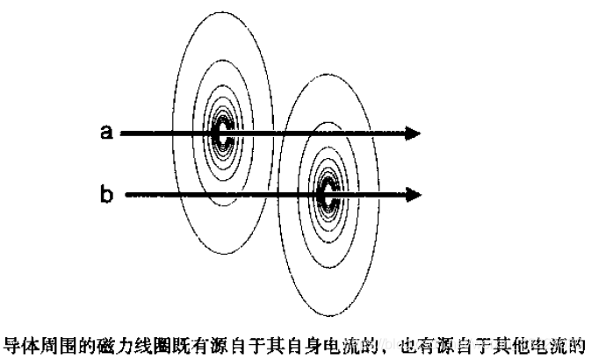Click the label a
pyautogui.click(x=107, y=132)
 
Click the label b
pyautogui.click(x=107, y=193)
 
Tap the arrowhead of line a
pyautogui.click(x=414, y=133)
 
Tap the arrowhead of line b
pyautogui.click(x=414, y=193)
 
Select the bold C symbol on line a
pyautogui.click(x=223, y=133)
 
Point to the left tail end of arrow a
pyautogui.click(x=123, y=133)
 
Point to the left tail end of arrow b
pyautogui.click(x=128, y=193)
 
